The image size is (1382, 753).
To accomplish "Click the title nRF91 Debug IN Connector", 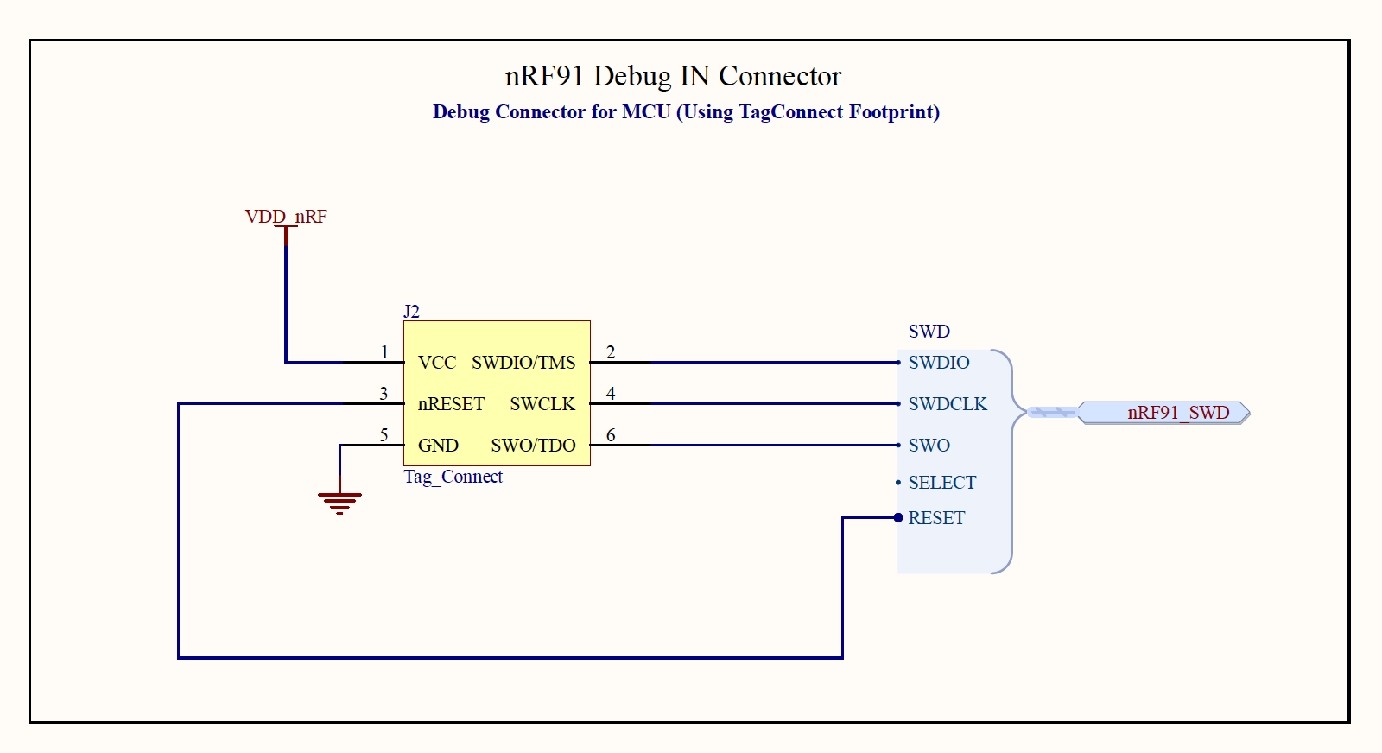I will [x=673, y=76].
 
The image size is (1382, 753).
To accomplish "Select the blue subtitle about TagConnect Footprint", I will [x=686, y=112].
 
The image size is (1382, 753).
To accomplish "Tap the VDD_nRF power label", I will [x=286, y=217].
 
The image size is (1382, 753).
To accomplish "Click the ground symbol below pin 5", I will [x=339, y=500].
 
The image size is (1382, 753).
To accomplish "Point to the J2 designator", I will [x=412, y=312].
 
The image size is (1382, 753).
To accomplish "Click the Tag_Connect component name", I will [x=453, y=477].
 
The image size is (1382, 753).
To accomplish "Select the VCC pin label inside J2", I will [x=437, y=363].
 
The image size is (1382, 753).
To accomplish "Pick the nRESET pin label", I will [x=451, y=404].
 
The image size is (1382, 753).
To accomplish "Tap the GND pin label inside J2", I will [x=438, y=446].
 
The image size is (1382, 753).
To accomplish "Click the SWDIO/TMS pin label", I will [x=523, y=363].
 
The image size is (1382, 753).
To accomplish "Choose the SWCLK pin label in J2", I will [x=542, y=404].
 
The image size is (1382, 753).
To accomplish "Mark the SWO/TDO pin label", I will [x=533, y=446].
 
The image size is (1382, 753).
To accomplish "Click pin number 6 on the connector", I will [x=611, y=435].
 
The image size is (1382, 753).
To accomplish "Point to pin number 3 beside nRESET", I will [x=384, y=394].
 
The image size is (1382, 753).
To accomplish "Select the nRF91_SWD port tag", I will [x=1177, y=413].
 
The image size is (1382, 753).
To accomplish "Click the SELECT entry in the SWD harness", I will [x=941, y=483].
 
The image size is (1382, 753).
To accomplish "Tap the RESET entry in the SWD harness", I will [x=936, y=518].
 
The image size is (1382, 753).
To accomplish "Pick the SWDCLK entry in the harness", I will [x=948, y=404].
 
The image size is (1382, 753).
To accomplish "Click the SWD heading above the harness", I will [x=929, y=332].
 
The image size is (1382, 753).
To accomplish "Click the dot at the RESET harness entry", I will [x=898, y=518].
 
